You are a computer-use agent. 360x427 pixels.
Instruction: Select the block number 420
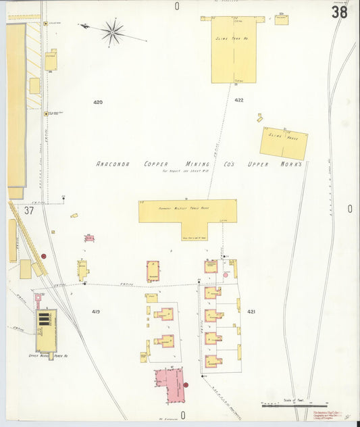(98, 102)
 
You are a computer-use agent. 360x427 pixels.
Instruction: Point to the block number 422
(239, 100)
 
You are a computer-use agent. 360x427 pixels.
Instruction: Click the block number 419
(96, 311)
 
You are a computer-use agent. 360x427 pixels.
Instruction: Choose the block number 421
(251, 311)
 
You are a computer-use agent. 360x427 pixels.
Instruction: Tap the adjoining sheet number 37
(28, 210)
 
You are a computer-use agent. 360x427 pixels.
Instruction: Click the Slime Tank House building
(234, 49)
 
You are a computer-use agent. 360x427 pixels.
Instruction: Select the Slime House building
(284, 143)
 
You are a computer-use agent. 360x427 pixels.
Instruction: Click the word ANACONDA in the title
(116, 164)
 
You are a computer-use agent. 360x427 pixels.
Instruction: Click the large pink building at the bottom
(169, 385)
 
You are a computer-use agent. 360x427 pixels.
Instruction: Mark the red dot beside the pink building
(186, 385)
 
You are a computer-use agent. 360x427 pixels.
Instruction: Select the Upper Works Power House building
(46, 331)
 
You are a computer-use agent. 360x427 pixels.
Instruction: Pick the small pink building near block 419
(88, 238)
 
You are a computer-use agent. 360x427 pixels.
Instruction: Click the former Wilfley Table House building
(188, 211)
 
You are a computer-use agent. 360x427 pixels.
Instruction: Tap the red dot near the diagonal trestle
(44, 256)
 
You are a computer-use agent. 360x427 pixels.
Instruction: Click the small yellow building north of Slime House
(259, 118)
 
